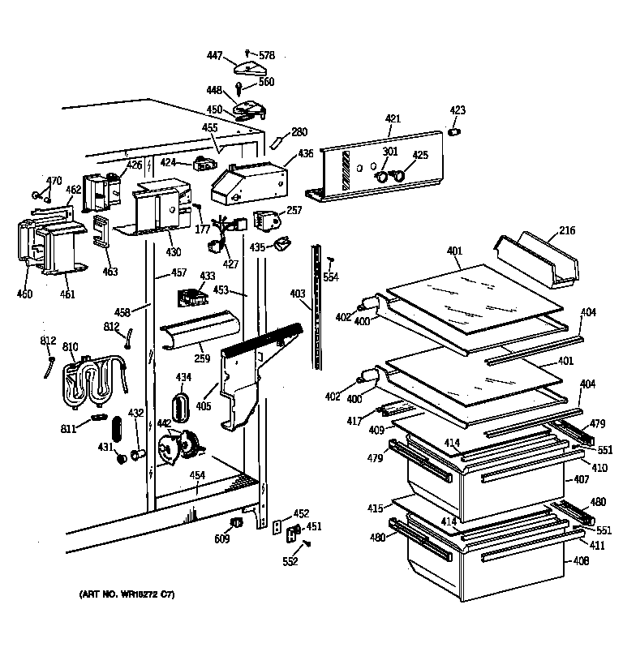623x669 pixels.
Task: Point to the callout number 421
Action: (393, 119)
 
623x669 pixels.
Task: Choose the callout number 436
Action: (305, 153)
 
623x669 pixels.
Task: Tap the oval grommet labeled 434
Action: (180, 405)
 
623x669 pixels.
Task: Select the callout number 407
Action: (582, 479)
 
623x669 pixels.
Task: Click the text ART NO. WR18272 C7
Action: (125, 595)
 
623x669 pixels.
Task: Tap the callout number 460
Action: (24, 294)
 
